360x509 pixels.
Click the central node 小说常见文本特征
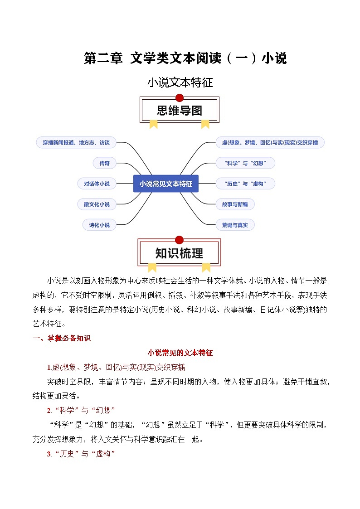165,184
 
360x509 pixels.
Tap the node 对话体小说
97,184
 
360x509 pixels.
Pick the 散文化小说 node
97,204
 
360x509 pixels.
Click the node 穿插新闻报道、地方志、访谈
76,142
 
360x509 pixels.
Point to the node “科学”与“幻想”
245,163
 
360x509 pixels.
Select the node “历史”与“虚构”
245,184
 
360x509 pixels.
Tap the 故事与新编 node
235,204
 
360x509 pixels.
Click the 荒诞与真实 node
235,225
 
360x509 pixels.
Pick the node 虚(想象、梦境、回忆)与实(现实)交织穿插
270,142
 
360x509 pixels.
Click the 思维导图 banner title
180,111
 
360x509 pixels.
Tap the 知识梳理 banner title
180,253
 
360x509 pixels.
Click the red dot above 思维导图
180,97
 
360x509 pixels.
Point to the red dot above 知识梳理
180,240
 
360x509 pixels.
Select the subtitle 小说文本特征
180,83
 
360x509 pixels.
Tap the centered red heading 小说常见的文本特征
180,353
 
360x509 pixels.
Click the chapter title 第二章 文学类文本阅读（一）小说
185,58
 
